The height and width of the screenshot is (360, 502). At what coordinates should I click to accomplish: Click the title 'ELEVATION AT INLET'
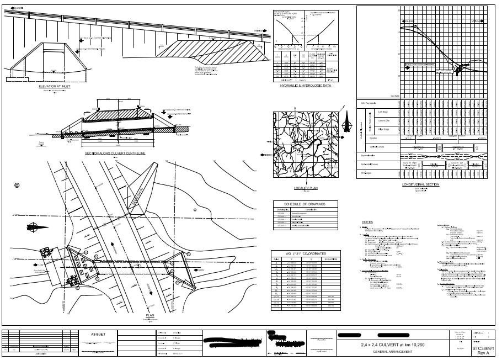(55, 87)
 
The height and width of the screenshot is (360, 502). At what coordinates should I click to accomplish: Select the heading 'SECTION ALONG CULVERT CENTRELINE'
(115, 153)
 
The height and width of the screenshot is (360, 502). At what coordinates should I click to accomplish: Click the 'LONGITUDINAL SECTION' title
(420, 184)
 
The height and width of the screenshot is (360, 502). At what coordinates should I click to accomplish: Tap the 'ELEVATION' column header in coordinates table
(332, 258)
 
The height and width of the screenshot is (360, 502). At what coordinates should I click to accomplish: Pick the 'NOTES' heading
(367, 223)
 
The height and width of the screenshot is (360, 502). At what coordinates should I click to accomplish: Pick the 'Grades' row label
(373, 138)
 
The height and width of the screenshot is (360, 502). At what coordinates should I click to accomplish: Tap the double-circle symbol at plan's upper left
(17, 184)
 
